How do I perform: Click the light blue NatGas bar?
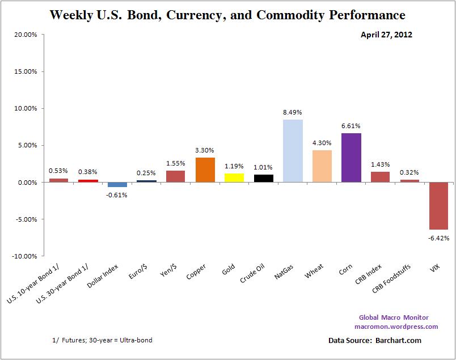pos(293,151)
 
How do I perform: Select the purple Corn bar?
pos(351,158)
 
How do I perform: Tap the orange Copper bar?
pos(205,170)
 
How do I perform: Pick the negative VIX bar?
pos(438,206)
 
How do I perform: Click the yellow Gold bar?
pos(234,177)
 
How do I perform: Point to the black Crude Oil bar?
pos(263,178)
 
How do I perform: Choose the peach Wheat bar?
pos(322,166)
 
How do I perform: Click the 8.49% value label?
pos(293,112)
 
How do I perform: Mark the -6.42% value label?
pos(439,238)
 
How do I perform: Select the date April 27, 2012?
pos(386,35)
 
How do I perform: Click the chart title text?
pos(227,15)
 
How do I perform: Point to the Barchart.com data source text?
pos(374,341)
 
